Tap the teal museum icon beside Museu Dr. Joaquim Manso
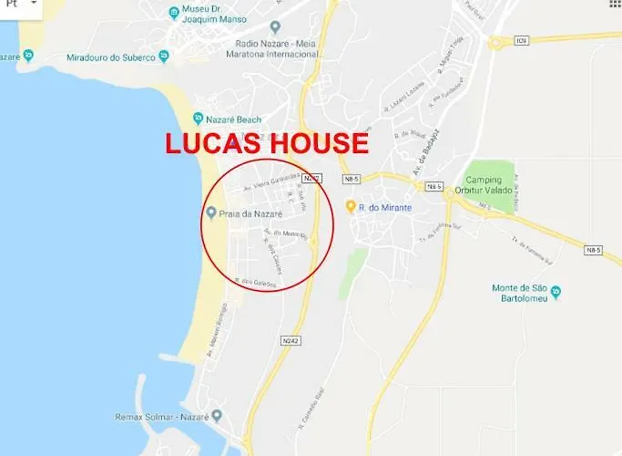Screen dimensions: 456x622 174,13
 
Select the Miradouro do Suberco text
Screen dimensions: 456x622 106,57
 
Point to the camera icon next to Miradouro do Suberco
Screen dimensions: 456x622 164,57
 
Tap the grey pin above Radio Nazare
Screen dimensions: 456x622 275,26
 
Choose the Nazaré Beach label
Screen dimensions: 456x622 234,119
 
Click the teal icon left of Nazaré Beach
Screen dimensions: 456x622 198,119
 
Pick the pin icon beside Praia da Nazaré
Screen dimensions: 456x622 211,213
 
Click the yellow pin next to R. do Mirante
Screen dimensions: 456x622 351,207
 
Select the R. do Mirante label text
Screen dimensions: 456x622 385,208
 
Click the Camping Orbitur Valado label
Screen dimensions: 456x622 489,185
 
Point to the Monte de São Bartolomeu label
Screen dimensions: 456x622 523,294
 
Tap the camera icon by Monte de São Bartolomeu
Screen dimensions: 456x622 556,293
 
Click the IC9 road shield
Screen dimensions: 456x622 521,40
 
